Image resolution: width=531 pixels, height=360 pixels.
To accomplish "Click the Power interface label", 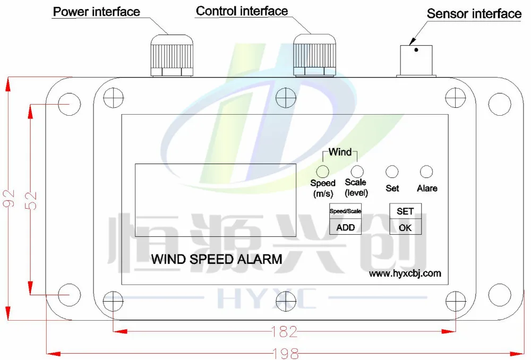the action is coord(96,11).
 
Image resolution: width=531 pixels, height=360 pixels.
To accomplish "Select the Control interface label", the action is coord(242,11).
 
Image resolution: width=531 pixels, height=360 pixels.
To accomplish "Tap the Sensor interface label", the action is coord(474,13).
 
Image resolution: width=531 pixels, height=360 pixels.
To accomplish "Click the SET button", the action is coord(405,211).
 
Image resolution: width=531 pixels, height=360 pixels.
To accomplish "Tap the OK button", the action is coord(405,228).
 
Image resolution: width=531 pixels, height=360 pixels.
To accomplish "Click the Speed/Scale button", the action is coord(345,211).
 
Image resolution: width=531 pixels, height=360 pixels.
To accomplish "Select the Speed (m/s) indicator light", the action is coord(322,171).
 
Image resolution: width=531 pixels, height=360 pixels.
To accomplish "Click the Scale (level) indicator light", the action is coord(357,171).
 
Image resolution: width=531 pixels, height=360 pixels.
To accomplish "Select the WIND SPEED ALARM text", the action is coord(216,260).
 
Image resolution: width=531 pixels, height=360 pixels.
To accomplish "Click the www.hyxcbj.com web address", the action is coord(405,273).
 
